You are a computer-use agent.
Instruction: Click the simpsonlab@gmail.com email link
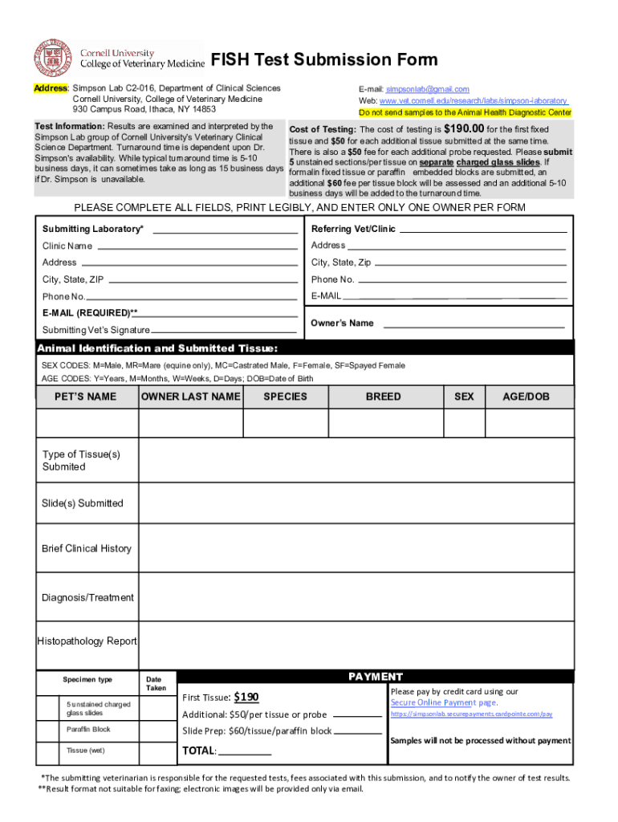[427, 89]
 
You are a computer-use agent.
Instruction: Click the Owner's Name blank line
[475, 326]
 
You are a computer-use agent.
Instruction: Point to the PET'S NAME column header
[87, 397]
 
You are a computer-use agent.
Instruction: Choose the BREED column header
[383, 397]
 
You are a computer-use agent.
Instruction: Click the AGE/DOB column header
[526, 397]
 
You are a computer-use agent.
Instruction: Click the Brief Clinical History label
[87, 548]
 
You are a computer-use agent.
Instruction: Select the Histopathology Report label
[87, 641]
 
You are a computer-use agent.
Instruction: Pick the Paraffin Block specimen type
[88, 730]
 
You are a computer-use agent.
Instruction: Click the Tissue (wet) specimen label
[85, 751]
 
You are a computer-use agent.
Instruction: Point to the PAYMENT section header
[375, 677]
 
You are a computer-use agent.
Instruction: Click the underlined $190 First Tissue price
[246, 697]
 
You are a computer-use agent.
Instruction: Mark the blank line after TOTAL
[245, 754]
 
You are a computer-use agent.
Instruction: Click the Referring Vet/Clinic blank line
[483, 231]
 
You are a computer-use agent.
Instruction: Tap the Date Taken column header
[156, 684]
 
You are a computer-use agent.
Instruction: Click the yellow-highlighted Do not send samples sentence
[465, 112]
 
